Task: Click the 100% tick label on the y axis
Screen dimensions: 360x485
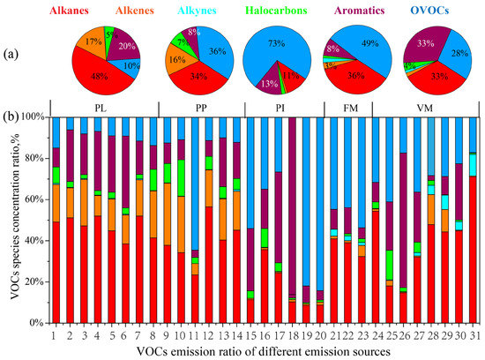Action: pos(31,116)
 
